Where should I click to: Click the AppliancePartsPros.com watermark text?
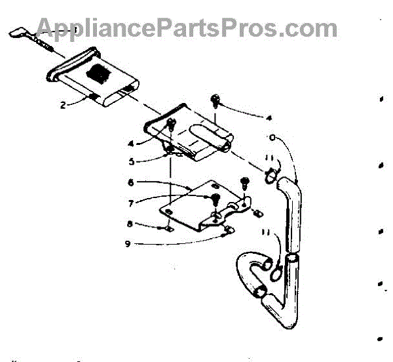pyautogui.click(x=187, y=28)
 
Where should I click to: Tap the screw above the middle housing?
pyautogui.click(x=215, y=99)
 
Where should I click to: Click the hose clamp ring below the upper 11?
pyautogui.click(x=270, y=176)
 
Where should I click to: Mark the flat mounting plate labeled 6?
pyautogui.click(x=196, y=207)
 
